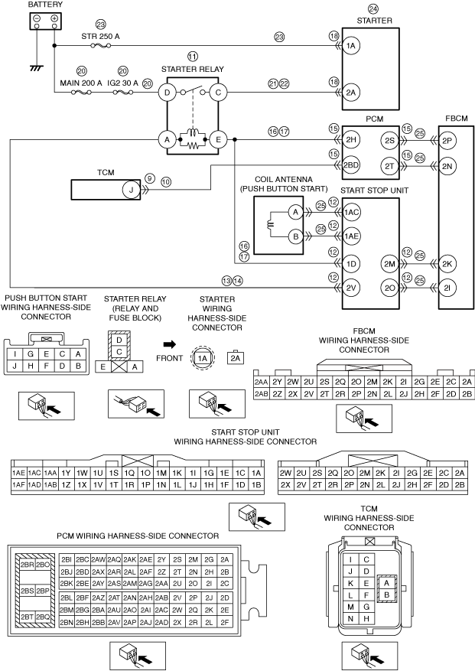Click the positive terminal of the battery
[x=54, y=19]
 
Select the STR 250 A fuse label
[x=100, y=37]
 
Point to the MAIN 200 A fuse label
[x=81, y=83]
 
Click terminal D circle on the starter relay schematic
[x=168, y=93]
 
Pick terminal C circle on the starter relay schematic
[x=218, y=93]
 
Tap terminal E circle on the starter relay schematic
[x=218, y=139]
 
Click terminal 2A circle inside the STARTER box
[x=351, y=93]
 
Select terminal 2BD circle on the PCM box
[x=351, y=165]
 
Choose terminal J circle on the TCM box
[x=132, y=190]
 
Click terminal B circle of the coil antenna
[x=295, y=236]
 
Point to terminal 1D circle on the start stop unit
[x=351, y=264]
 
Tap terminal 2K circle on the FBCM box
[x=447, y=264]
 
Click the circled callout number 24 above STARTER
[x=373, y=9]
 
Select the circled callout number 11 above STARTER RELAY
[x=193, y=57]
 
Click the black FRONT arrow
[x=170, y=344]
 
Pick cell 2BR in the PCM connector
[x=28, y=565]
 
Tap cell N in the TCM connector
[x=350, y=619]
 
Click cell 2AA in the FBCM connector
[x=261, y=382]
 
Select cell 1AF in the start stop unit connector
[x=19, y=485]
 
